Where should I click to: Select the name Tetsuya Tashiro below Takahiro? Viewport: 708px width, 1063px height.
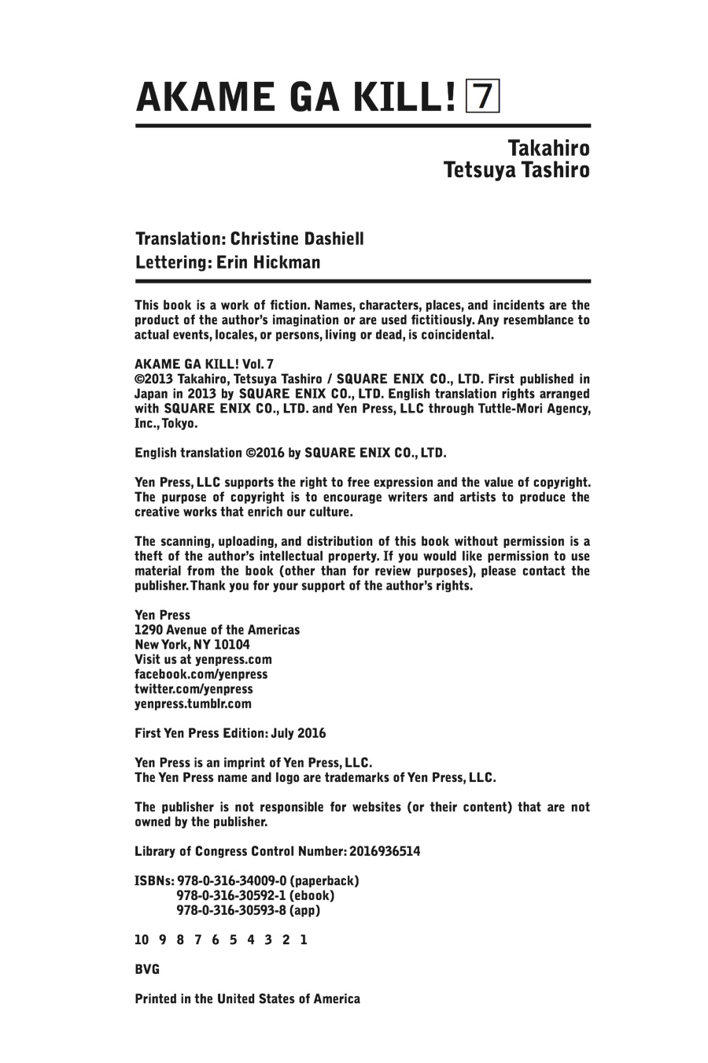pyautogui.click(x=517, y=170)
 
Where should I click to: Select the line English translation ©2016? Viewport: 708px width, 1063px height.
pyautogui.click(x=290, y=453)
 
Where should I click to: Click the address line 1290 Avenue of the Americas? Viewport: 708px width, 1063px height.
pyautogui.click(x=217, y=630)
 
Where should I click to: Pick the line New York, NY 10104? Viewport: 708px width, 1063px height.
pyautogui.click(x=193, y=644)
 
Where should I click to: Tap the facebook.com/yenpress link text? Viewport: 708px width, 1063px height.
pyautogui.click(x=201, y=674)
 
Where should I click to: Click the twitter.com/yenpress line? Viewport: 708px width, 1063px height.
pyautogui.click(x=194, y=689)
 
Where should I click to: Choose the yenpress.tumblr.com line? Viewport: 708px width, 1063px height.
pyautogui.click(x=194, y=704)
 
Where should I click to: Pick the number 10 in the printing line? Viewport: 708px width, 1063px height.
pyautogui.click(x=142, y=939)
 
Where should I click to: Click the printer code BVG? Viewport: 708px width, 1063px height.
pyautogui.click(x=147, y=969)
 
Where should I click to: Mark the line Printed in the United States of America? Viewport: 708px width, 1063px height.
pyautogui.click(x=248, y=998)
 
